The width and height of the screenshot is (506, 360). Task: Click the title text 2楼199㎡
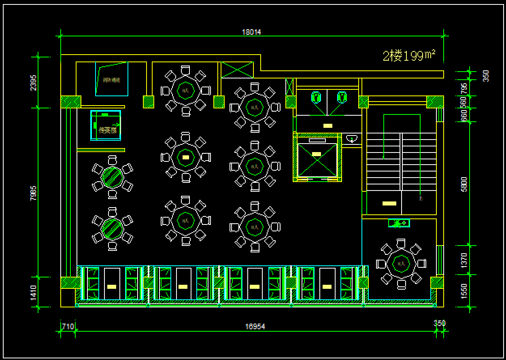tap(409, 55)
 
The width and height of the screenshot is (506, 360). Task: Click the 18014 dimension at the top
tap(251, 32)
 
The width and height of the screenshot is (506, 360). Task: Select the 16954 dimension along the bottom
tap(255, 326)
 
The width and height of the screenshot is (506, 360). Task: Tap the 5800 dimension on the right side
tap(464, 184)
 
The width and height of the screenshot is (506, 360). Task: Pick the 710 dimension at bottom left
tap(68, 326)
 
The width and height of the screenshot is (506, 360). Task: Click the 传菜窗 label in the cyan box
tap(107, 130)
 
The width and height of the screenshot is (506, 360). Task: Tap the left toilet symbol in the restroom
tap(316, 97)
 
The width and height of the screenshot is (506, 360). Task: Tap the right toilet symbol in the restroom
tap(342, 97)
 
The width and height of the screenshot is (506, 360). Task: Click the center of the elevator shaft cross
tap(317, 160)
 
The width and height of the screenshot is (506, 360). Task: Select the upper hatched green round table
tap(113, 177)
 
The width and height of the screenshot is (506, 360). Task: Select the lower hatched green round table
tap(113, 229)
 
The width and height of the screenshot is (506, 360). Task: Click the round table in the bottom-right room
tap(401, 264)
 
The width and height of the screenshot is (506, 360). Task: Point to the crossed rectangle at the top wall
tap(237, 70)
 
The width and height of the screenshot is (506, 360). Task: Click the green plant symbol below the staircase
tap(399, 223)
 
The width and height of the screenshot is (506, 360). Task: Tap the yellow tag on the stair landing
tap(389, 203)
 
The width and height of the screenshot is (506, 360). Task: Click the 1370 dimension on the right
tap(464, 260)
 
